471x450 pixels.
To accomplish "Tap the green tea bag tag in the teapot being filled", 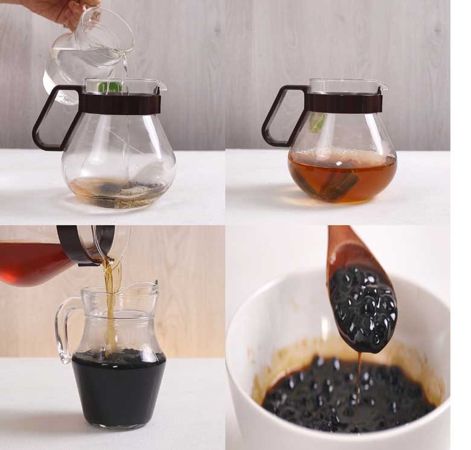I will (x=110, y=87).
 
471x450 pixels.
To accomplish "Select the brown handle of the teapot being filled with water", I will (x=48, y=118).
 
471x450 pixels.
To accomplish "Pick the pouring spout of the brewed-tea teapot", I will (x=382, y=87).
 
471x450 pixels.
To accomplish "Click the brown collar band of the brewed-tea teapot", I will (x=344, y=103).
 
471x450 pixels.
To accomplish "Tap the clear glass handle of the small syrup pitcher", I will (x=63, y=329).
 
